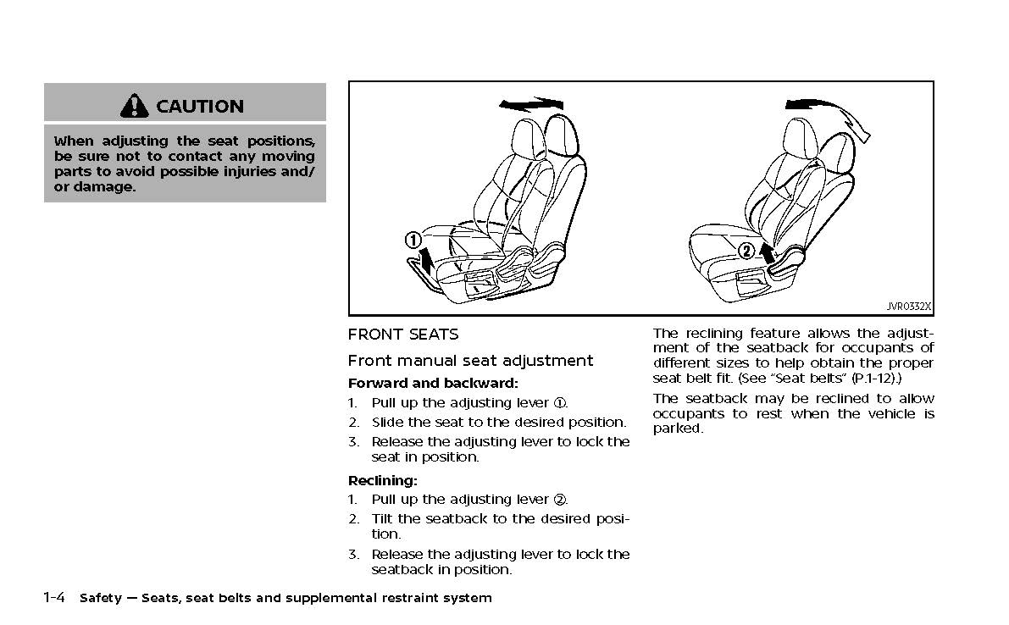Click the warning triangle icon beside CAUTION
tap(135, 106)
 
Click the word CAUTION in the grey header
tap(200, 107)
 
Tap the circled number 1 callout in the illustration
tap(413, 241)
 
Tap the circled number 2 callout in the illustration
tap(746, 251)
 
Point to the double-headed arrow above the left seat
tap(531, 103)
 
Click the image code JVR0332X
tap(909, 307)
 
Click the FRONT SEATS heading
tap(403, 335)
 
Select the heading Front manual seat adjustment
tap(470, 361)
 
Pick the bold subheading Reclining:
tap(382, 480)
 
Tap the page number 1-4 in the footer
tap(55, 598)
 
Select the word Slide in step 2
tap(387, 422)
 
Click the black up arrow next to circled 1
tap(427, 258)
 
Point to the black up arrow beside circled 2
tap(767, 252)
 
